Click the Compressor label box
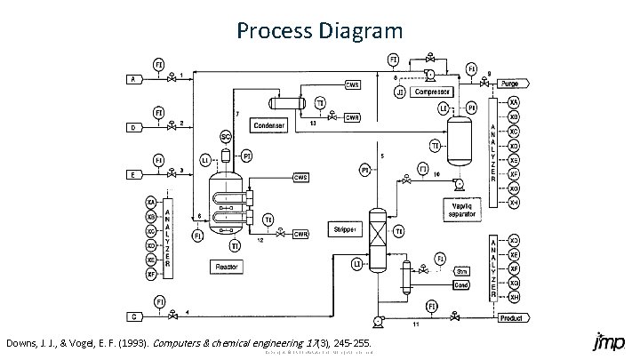432,91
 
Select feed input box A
132,79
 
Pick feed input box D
132,126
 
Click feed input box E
132,174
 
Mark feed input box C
132,316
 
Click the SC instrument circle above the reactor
225,136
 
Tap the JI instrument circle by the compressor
400,91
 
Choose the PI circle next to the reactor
247,156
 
